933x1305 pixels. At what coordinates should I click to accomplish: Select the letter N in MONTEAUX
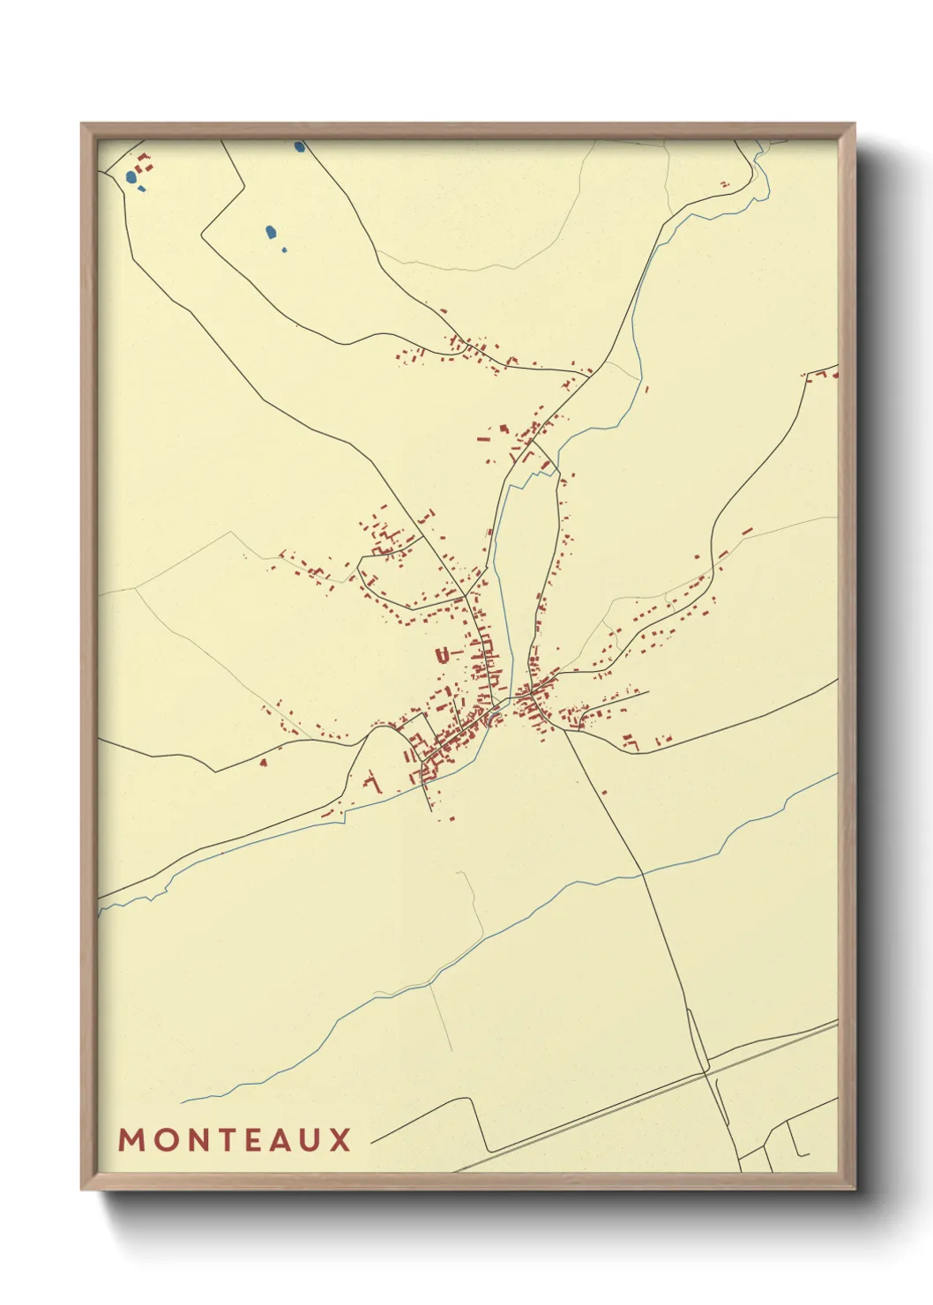[200, 1140]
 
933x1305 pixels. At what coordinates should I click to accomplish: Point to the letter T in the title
[231, 1140]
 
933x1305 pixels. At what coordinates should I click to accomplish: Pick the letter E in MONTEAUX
[261, 1140]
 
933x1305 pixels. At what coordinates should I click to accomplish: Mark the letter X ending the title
[341, 1140]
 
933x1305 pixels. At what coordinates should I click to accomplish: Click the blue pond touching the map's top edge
[300, 146]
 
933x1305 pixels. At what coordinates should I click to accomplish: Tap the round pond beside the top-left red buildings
[131, 176]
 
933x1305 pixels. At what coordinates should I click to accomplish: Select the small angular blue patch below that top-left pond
[142, 189]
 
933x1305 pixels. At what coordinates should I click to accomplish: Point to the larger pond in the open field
[272, 233]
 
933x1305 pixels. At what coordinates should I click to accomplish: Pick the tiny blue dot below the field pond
[284, 250]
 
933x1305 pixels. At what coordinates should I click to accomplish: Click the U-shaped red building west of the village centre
[443, 654]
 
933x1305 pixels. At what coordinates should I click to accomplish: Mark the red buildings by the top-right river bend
[725, 185]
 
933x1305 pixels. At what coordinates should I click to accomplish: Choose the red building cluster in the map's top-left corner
[144, 162]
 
